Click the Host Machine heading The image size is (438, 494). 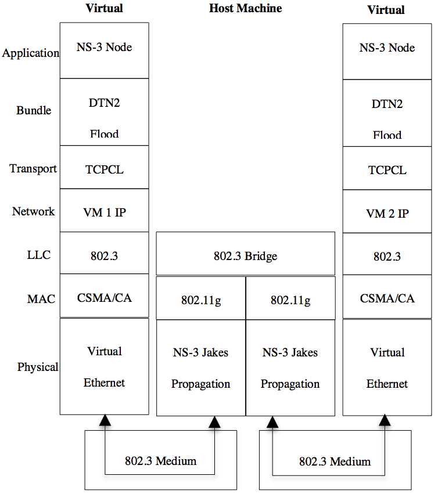pyautogui.click(x=245, y=8)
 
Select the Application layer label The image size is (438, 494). pyautogui.click(x=31, y=53)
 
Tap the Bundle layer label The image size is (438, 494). pyautogui.click(x=34, y=110)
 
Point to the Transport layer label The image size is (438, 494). pyautogui.click(x=33, y=168)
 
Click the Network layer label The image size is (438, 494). pyautogui.click(x=33, y=211)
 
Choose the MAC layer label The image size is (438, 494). pyautogui.click(x=41, y=299)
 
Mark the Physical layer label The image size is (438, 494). pyautogui.click(x=38, y=367)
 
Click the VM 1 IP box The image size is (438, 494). pyautogui.click(x=105, y=212)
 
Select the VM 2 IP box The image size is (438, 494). pyautogui.click(x=387, y=214)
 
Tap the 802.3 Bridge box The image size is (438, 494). pyautogui.click(x=245, y=255)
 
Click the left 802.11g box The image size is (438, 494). pyautogui.click(x=201, y=300)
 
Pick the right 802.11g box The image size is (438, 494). pyautogui.click(x=290, y=300)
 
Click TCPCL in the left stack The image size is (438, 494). pyautogui.click(x=105, y=170)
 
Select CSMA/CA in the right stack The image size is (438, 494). pyautogui.click(x=387, y=298)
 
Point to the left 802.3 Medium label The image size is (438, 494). pyautogui.click(x=160, y=461)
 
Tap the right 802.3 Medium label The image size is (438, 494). pyautogui.click(x=335, y=461)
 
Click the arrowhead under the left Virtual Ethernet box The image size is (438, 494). pyautogui.click(x=105, y=420)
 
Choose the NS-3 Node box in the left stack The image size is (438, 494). pyautogui.click(x=105, y=47)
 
